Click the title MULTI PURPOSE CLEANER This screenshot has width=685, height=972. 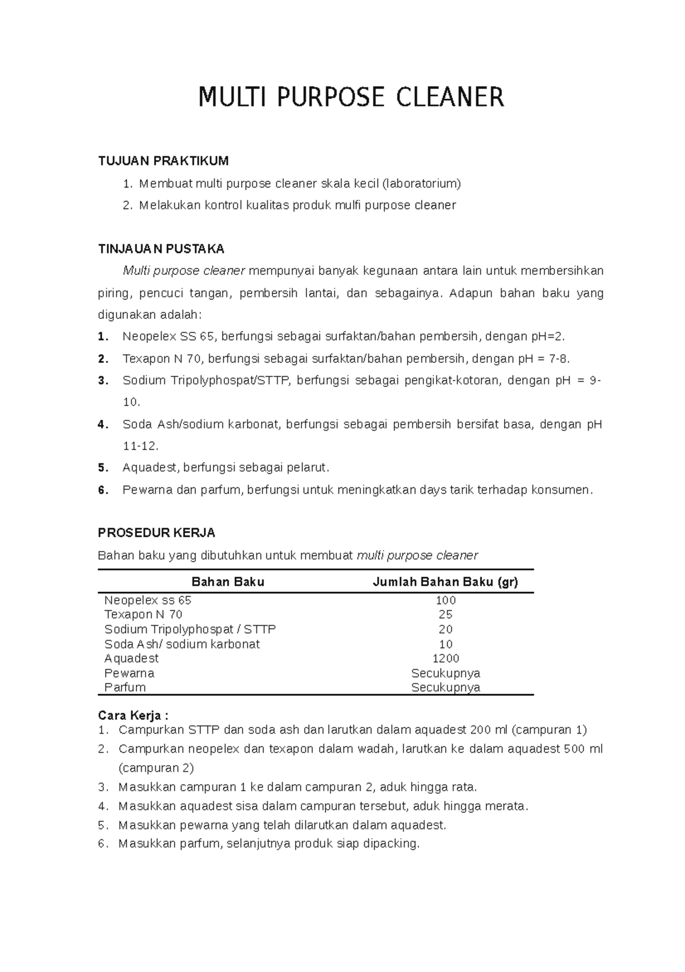351,97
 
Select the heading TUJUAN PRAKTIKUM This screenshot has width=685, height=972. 163,161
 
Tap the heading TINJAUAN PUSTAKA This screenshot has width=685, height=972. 162,249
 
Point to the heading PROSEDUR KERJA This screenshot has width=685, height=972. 156,533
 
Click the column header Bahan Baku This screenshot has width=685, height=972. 228,582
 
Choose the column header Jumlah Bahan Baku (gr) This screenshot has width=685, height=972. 445,582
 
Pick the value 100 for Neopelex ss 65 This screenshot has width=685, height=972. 445,601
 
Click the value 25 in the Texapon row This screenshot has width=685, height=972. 445,615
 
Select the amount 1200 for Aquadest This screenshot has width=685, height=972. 445,658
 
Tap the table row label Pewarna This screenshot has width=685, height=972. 129,673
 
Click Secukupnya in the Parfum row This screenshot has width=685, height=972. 445,687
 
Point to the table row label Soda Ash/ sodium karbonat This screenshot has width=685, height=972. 182,644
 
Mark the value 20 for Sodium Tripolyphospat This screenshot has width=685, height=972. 445,630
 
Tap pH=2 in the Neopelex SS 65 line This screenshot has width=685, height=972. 547,337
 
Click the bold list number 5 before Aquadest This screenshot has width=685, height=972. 103,468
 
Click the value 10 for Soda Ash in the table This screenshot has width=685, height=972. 445,644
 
